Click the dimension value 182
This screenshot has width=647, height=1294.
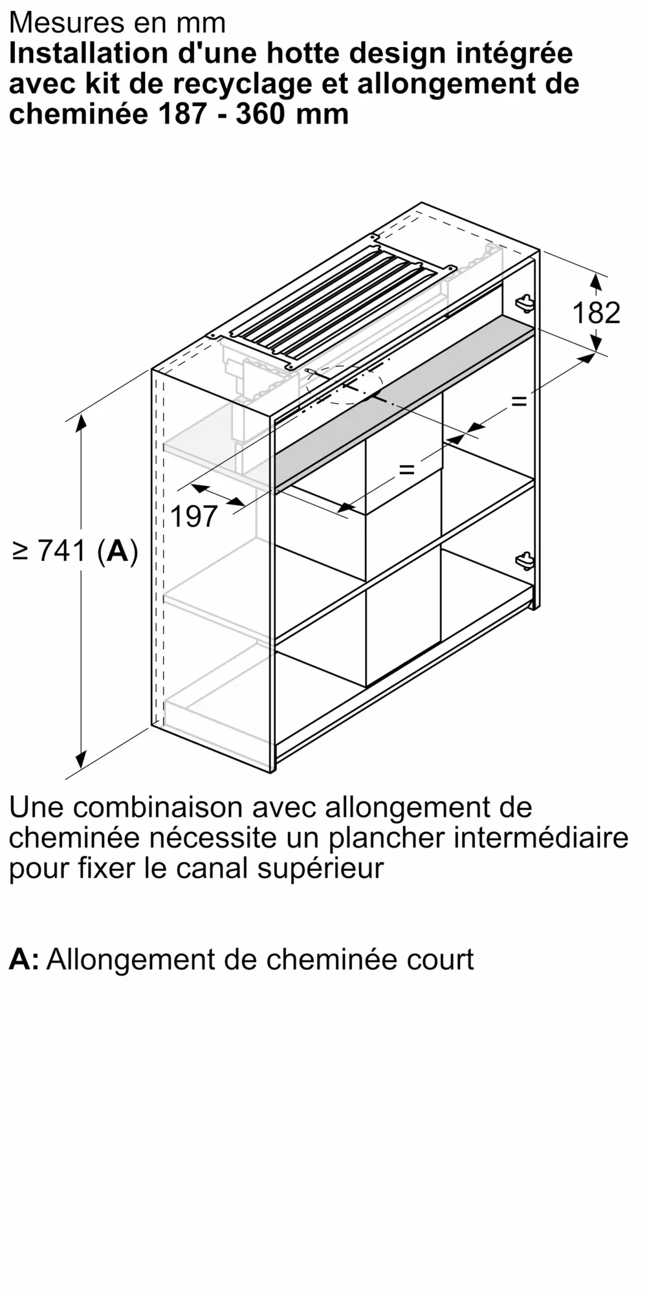[596, 313]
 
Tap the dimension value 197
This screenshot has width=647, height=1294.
[194, 516]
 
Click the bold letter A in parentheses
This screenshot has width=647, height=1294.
[118, 551]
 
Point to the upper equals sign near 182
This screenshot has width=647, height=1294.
[519, 402]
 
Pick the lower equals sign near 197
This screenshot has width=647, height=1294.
[406, 469]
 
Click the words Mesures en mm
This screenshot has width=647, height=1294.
[117, 23]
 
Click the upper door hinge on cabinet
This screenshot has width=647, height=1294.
[525, 302]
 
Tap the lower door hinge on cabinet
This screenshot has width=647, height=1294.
[525, 561]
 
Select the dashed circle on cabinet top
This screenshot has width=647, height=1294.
[343, 384]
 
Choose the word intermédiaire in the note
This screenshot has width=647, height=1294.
[540, 838]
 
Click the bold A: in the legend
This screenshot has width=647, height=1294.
[23, 959]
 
